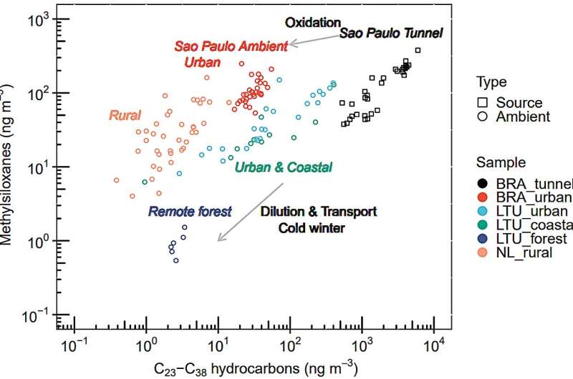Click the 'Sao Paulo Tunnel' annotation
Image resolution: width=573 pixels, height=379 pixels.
[x=391, y=33]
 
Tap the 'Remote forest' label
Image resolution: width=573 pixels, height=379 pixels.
[x=190, y=211]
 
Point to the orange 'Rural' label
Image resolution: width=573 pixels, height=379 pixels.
[x=125, y=114]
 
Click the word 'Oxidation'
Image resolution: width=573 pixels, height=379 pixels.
[x=313, y=23]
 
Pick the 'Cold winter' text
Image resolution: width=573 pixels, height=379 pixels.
[x=312, y=228]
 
